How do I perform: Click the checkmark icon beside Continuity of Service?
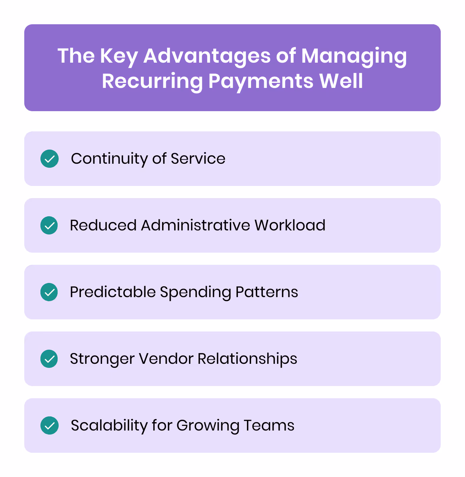[50, 159]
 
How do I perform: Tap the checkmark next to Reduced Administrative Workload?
[49, 225]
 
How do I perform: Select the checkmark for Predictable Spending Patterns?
[49, 292]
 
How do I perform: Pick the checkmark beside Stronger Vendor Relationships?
[49, 359]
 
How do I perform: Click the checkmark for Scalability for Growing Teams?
[50, 425]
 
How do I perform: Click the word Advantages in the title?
[207, 56]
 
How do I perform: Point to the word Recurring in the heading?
[152, 81]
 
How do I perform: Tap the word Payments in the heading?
[261, 81]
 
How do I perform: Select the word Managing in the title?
[354, 56]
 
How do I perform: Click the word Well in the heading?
[341, 81]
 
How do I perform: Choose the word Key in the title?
[119, 56]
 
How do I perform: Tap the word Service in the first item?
[198, 159]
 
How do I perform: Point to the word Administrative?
[195, 225]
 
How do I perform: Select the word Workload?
[290, 225]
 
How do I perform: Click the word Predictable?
[113, 292]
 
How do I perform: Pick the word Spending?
[195, 292]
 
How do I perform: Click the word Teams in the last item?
[269, 425]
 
